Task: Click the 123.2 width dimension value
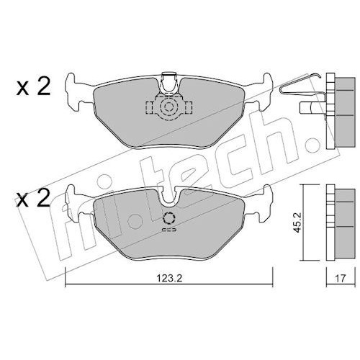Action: (x=169, y=279)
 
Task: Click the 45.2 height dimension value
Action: (x=297, y=222)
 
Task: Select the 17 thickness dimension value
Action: (x=341, y=279)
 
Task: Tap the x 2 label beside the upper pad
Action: (x=34, y=88)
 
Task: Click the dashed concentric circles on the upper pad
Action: (x=169, y=107)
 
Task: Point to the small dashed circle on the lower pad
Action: (x=169, y=218)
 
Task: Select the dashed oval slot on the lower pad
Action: (x=169, y=230)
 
